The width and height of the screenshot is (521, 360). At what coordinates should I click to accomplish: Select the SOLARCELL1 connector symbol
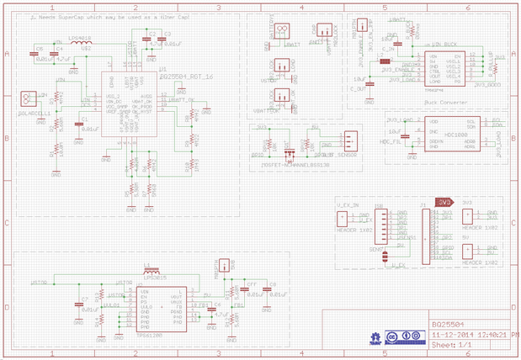pyautogui.click(x=29, y=100)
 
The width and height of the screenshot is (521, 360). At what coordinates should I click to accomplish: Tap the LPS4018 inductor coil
pyautogui.click(x=81, y=43)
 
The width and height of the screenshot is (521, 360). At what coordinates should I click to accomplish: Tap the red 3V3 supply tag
pyautogui.click(x=444, y=202)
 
